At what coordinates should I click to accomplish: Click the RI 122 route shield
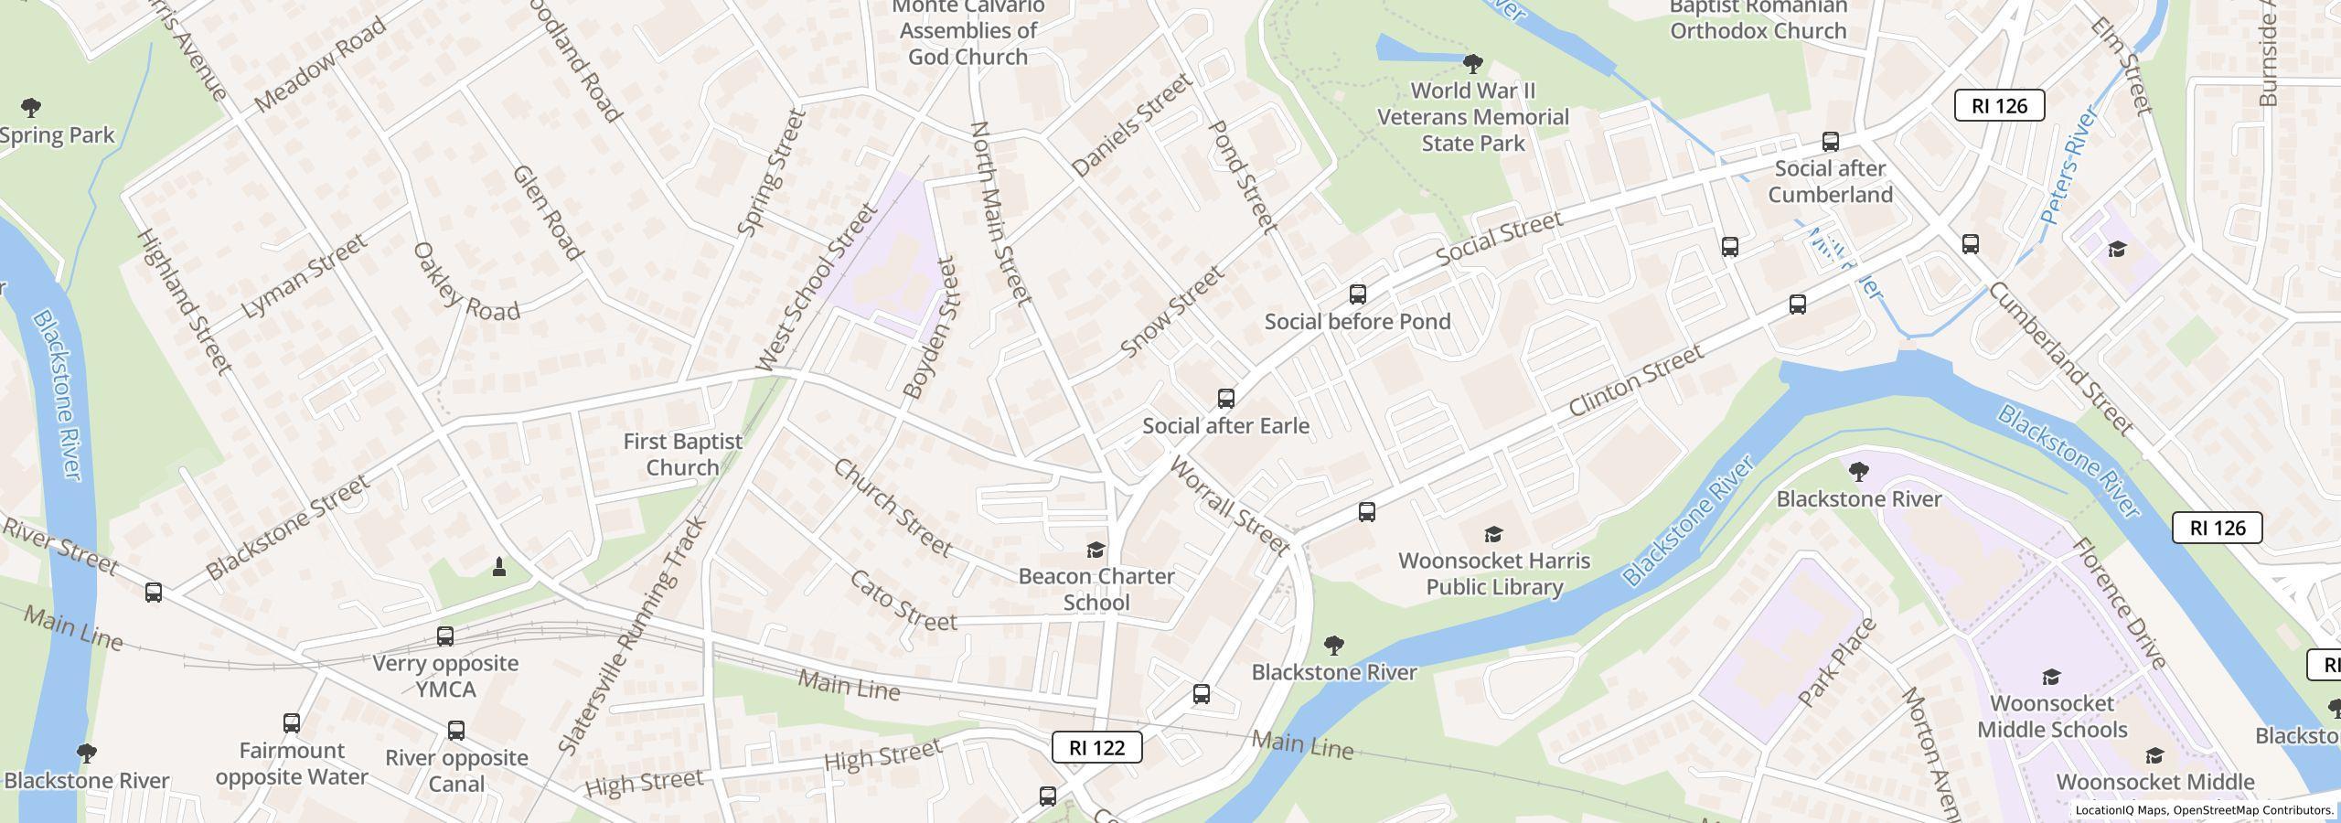[1096, 747]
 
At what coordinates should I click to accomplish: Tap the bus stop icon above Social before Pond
[1358, 294]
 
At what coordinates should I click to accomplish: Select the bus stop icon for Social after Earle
[1225, 399]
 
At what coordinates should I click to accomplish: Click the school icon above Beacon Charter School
[1096, 550]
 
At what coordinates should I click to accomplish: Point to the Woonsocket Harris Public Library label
[1494, 573]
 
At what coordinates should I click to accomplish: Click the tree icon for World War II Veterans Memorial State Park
[1472, 64]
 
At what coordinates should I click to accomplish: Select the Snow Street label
[1171, 312]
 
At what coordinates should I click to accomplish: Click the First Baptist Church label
[682, 454]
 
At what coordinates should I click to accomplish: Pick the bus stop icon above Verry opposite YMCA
[445, 636]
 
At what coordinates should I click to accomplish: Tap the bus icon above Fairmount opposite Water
[292, 723]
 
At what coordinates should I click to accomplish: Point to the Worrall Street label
[1229, 507]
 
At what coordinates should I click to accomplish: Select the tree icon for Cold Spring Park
[31, 108]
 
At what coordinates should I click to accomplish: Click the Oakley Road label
[465, 283]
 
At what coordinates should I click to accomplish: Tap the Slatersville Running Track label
[632, 636]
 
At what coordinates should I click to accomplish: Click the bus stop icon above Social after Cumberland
[1830, 142]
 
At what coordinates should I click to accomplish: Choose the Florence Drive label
[2118, 603]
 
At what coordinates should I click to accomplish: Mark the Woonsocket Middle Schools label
[2051, 716]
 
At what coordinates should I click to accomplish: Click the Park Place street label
[1837, 662]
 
